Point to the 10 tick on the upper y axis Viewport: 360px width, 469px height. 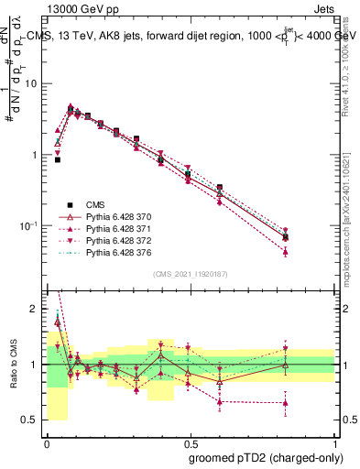(32, 83)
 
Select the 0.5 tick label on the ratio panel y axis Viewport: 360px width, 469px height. (32, 420)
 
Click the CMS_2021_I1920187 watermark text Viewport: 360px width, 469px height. (190, 273)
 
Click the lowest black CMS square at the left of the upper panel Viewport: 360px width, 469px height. (57, 159)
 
